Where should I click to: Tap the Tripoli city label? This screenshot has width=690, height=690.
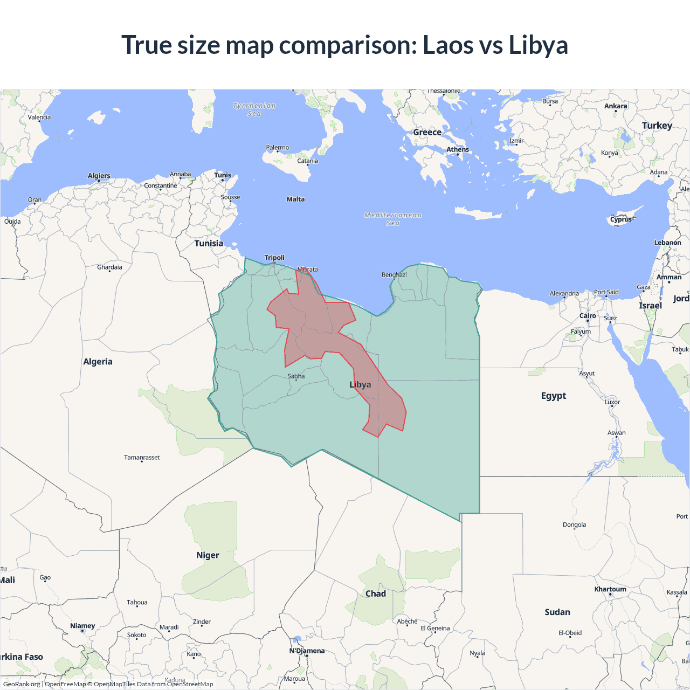point(274,258)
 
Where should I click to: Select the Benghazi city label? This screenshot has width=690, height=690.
point(394,275)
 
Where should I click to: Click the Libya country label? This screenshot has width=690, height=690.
point(360,384)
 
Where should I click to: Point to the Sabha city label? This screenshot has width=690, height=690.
point(296,376)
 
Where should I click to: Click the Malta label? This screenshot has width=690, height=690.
point(295,199)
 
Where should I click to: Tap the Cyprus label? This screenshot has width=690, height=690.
point(621,219)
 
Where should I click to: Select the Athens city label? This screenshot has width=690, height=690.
point(458,149)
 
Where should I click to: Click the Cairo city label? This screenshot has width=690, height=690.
point(588,316)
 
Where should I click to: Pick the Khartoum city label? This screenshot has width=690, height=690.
point(610,589)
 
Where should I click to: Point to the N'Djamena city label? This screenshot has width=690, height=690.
point(307,651)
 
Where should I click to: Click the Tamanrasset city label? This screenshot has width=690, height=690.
point(142,458)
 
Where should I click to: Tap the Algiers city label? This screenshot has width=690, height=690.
point(99,176)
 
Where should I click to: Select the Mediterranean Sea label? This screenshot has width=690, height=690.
point(393,219)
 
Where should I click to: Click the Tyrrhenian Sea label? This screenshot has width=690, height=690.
point(254,109)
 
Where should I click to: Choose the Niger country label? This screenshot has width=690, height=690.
point(208,555)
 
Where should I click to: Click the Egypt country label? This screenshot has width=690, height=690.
point(554,396)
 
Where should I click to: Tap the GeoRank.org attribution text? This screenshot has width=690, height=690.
point(22,684)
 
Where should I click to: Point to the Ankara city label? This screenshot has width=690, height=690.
point(616,106)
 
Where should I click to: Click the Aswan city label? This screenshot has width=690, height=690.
point(617,433)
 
